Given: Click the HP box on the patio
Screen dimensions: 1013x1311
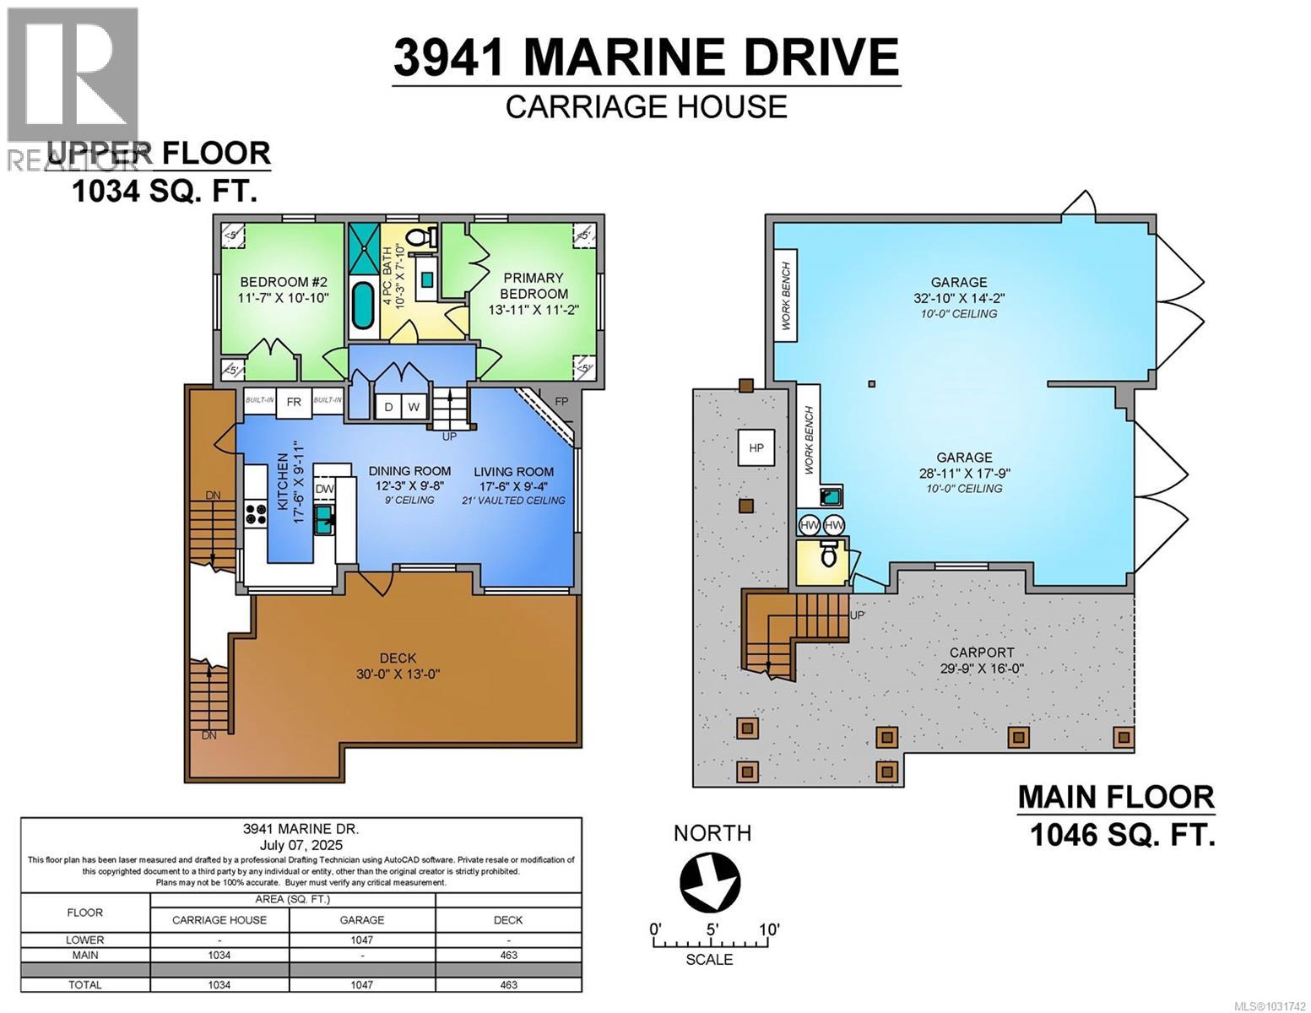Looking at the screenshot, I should point(756,447).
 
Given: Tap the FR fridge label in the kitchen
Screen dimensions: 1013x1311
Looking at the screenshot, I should point(294,402).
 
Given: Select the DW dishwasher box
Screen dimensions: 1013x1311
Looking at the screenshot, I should point(324,489).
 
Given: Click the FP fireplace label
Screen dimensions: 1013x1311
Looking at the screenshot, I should point(561,402).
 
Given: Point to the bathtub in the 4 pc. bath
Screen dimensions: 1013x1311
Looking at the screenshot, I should point(363,306).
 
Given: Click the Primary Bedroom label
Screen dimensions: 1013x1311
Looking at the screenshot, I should point(534,285).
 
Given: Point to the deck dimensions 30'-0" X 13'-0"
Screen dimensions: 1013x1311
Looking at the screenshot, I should point(398,674).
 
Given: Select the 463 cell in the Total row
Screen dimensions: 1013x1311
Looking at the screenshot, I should point(508,984).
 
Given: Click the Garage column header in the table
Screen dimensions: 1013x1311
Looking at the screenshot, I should point(362,920).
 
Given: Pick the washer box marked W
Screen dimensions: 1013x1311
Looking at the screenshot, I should point(414,407).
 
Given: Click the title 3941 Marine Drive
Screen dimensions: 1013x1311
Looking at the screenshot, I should point(646,57).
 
